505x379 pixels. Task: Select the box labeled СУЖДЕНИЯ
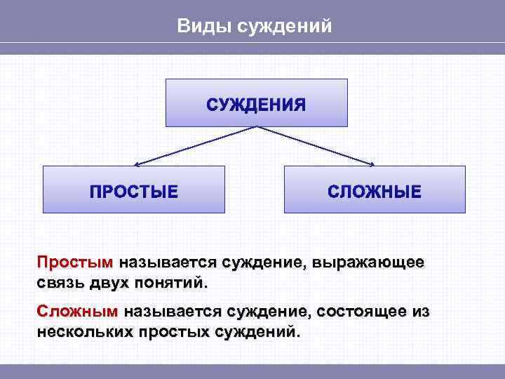(x=256, y=103)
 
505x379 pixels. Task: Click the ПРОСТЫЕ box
(x=134, y=190)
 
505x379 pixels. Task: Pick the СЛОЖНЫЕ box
(x=375, y=190)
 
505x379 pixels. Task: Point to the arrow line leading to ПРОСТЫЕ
(x=196, y=146)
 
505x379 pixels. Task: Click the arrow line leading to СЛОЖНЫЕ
(x=316, y=146)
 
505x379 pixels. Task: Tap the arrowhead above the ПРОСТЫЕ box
(x=137, y=165)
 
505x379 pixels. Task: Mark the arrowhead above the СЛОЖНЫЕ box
(x=372, y=165)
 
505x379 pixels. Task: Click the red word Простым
(x=74, y=263)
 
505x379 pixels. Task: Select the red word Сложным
(x=78, y=311)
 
